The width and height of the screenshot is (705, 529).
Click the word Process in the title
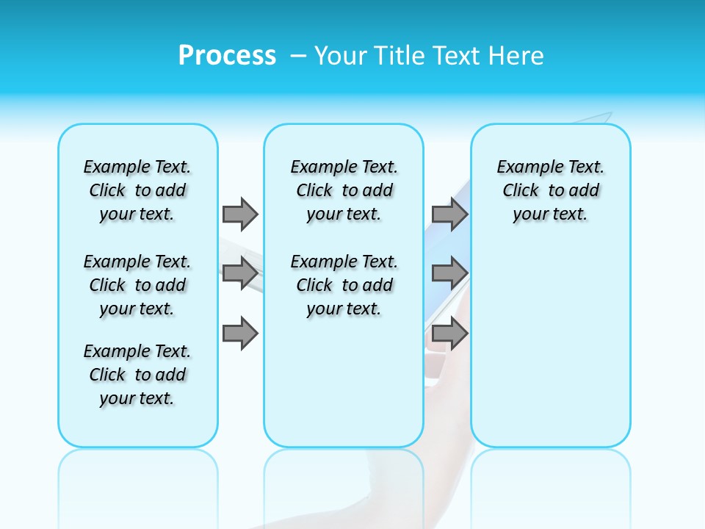(227, 56)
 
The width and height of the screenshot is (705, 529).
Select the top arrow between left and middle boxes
(240, 214)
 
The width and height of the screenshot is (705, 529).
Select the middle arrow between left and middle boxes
(240, 273)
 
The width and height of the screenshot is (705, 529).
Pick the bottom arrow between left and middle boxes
(240, 334)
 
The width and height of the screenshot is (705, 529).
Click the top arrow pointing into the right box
(449, 214)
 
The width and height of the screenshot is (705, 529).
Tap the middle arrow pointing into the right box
(449, 273)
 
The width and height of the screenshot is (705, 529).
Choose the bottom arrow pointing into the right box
(449, 334)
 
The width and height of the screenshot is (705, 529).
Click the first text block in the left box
(137, 190)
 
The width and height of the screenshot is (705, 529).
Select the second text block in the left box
(137, 285)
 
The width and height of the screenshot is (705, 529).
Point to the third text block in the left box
(137, 375)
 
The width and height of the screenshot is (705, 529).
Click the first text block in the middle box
(344, 190)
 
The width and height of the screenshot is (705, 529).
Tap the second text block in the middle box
(344, 285)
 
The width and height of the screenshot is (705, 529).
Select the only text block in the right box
(550, 190)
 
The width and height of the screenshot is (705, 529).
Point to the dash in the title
(299, 56)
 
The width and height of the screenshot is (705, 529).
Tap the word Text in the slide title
(457, 56)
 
